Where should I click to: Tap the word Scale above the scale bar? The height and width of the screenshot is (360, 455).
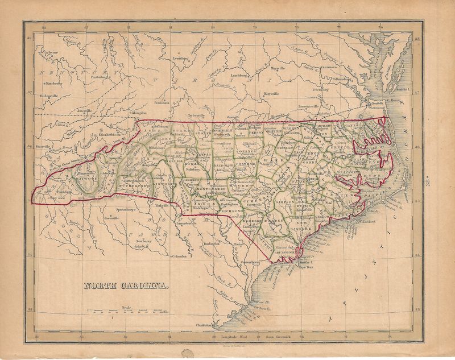coord(126,308)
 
